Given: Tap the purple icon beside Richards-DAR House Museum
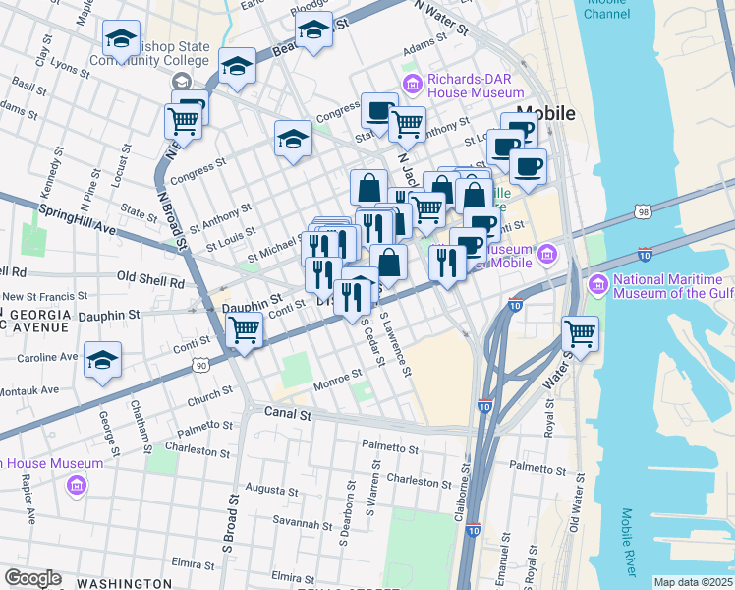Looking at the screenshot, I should (412, 80).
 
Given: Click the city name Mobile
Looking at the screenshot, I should (544, 113).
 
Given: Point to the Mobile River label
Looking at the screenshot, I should (629, 543).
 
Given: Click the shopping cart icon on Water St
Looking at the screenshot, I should (580, 333).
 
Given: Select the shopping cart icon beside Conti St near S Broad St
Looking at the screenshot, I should (245, 330).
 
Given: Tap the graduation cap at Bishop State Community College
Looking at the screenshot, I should (121, 39).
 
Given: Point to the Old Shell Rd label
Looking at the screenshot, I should (150, 281).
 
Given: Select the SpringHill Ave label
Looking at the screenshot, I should (77, 220).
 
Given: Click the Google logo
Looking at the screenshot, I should (32, 578).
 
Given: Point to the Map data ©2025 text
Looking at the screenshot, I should (692, 582).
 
